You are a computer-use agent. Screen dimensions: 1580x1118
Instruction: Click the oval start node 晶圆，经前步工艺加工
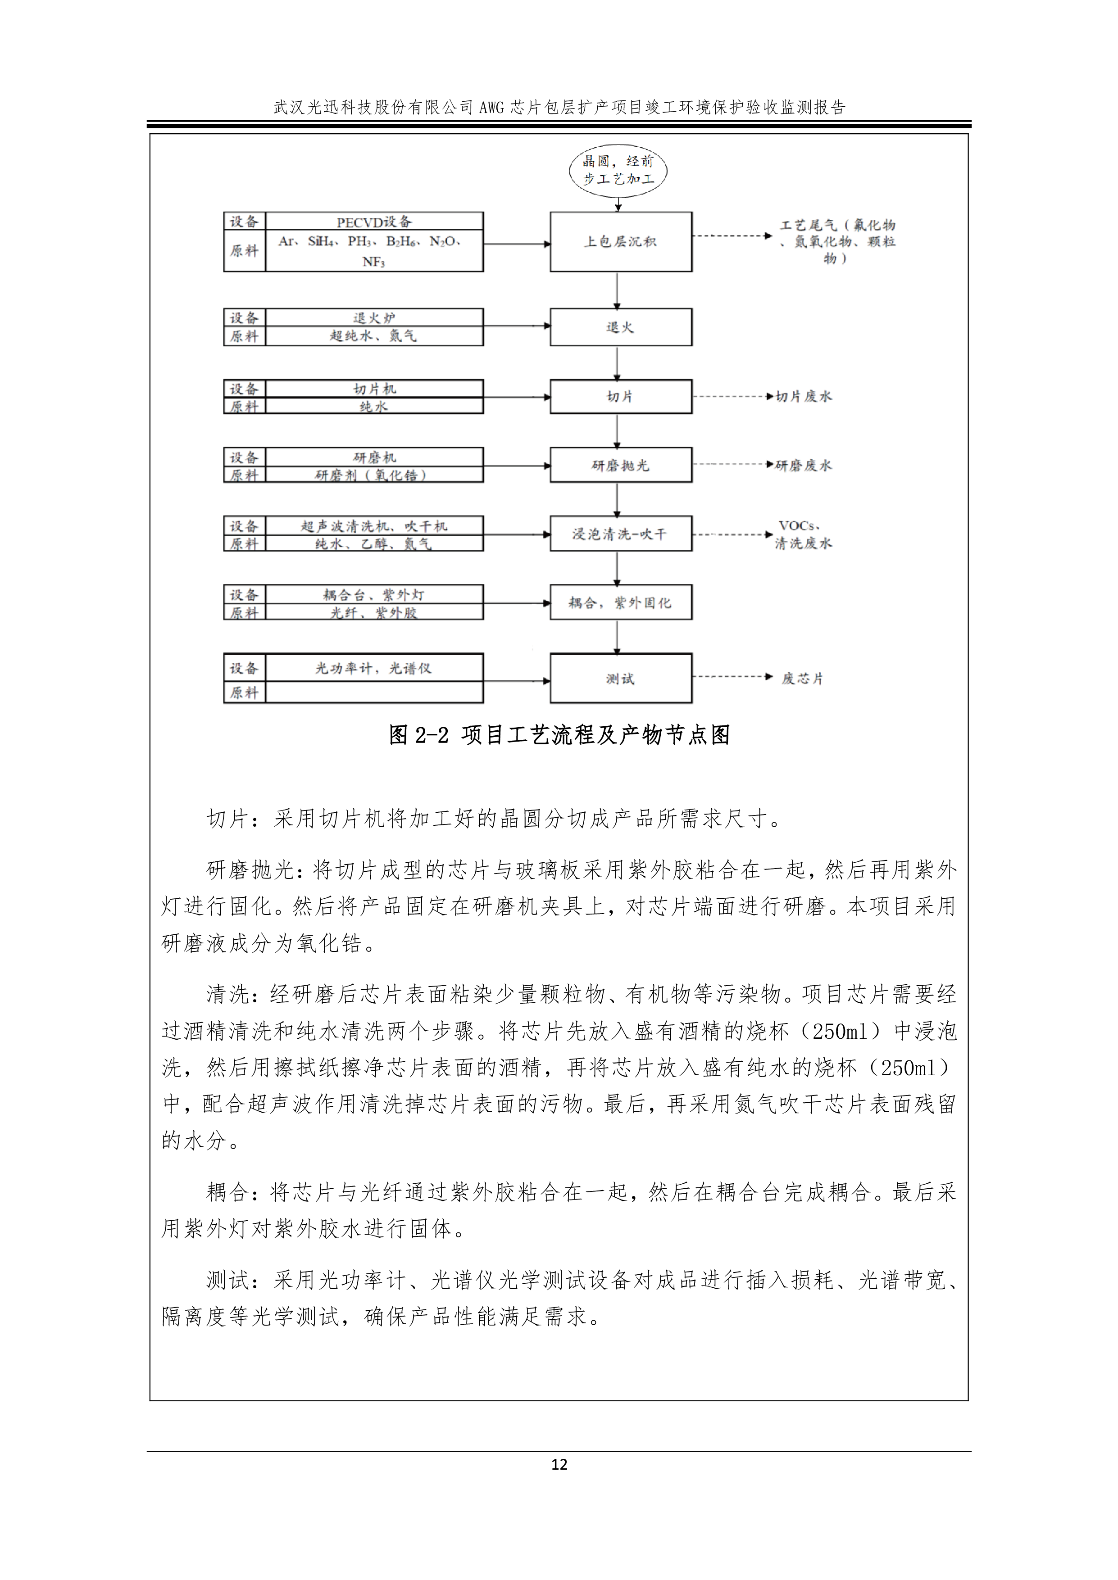pyautogui.click(x=618, y=170)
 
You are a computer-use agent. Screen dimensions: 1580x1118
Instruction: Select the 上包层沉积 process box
pyautogui.click(x=620, y=241)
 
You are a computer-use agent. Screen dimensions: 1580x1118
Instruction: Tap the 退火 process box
pyautogui.click(x=620, y=327)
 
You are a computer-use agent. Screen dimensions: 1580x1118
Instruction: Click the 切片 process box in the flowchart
pyautogui.click(x=620, y=396)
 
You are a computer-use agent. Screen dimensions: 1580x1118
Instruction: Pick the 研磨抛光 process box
pyautogui.click(x=620, y=465)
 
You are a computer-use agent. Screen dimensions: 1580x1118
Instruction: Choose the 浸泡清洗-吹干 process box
pyautogui.click(x=620, y=534)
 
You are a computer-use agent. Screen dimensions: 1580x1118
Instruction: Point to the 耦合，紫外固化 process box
pyautogui.click(x=620, y=603)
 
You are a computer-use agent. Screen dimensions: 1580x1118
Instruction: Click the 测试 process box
pyautogui.click(x=620, y=679)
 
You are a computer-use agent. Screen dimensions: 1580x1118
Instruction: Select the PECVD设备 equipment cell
pyautogui.click(x=374, y=222)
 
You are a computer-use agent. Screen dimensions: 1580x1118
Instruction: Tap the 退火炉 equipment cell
pyautogui.click(x=374, y=318)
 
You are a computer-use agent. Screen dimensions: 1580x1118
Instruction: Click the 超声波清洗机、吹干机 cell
pyautogui.click(x=374, y=526)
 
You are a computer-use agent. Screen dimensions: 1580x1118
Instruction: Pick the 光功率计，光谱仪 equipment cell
pyautogui.click(x=374, y=667)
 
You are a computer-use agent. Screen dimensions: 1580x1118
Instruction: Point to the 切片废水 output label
pyautogui.click(x=804, y=396)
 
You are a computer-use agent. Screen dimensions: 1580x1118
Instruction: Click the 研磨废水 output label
pyautogui.click(x=804, y=465)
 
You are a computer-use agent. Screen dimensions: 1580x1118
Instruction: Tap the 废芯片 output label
pyautogui.click(x=802, y=679)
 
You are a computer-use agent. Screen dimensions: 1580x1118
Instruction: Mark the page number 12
pyautogui.click(x=559, y=1464)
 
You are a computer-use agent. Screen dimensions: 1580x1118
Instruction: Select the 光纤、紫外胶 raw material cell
pyautogui.click(x=374, y=612)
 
